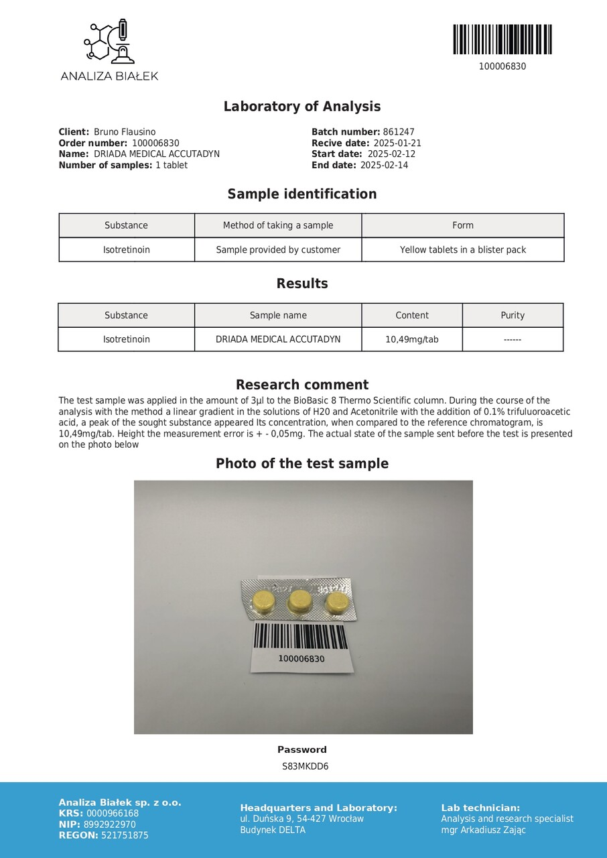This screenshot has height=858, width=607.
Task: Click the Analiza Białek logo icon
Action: click(x=109, y=42)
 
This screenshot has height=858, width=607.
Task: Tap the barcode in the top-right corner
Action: click(x=502, y=40)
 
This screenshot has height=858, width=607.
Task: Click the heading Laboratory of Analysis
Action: click(x=301, y=107)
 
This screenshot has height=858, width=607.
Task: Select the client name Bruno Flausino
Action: click(x=125, y=132)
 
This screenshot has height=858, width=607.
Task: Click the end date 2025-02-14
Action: click(x=384, y=165)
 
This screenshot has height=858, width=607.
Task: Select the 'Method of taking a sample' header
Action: click(x=278, y=225)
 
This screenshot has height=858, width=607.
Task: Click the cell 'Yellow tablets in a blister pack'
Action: click(x=463, y=250)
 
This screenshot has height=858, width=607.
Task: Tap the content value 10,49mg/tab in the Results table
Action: click(x=412, y=339)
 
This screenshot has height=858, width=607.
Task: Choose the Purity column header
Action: click(x=513, y=315)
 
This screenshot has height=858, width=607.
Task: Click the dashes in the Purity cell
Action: click(x=513, y=340)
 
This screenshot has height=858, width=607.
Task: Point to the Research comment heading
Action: click(x=302, y=385)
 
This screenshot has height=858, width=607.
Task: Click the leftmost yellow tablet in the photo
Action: click(x=265, y=601)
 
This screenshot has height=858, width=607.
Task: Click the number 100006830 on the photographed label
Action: click(x=301, y=659)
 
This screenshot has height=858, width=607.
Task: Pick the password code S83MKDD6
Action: click(x=305, y=766)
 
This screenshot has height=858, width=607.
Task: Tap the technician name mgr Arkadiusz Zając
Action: click(x=483, y=830)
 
